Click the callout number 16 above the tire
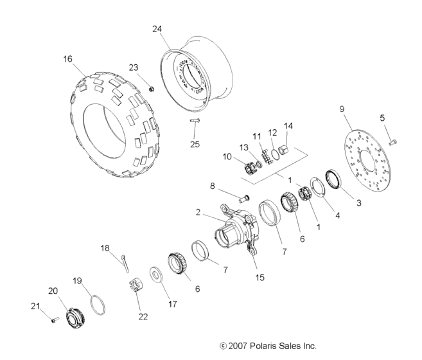coord(67,59)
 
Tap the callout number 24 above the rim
coord(157,28)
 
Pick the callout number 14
coord(288,125)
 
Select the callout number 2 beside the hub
coord(198,212)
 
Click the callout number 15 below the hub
coord(260,277)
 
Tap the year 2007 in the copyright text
coord(238,346)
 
